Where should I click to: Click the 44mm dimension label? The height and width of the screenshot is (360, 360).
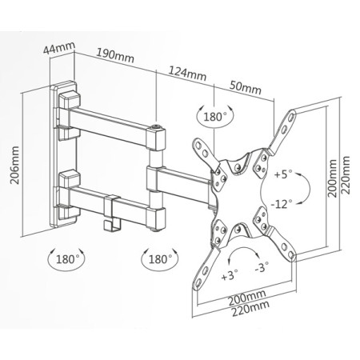(59, 48)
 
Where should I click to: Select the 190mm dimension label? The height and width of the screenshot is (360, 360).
(115, 55)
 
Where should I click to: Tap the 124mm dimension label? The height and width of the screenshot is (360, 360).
(187, 74)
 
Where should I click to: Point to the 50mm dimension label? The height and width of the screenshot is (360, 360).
(246, 87)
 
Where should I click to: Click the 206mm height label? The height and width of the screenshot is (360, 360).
(15, 165)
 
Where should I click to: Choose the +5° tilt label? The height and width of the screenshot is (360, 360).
(283, 174)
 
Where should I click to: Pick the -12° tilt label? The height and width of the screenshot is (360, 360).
(282, 204)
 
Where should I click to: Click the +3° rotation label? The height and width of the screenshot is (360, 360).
(230, 274)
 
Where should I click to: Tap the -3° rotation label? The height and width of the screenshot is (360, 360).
(262, 267)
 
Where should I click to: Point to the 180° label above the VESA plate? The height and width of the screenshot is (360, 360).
(215, 117)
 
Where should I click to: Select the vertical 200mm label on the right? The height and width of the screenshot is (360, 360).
(332, 178)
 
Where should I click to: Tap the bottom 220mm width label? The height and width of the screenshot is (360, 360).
(250, 309)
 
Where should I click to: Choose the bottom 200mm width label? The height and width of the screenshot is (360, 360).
(247, 298)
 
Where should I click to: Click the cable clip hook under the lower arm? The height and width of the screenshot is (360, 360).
(112, 214)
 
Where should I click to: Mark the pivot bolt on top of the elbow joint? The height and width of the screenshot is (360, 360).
(155, 126)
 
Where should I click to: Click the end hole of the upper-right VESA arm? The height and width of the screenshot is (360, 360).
(291, 117)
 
